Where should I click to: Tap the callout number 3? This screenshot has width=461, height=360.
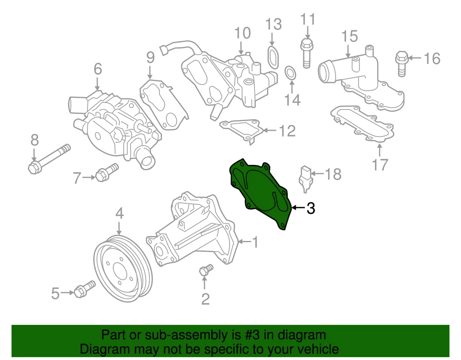[x=311, y=208]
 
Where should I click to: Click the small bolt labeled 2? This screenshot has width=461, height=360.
[x=206, y=270]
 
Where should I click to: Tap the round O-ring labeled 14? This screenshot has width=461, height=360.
[x=291, y=73]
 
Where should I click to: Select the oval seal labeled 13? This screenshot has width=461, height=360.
[x=272, y=56]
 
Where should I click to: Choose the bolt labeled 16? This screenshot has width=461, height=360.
[x=402, y=63]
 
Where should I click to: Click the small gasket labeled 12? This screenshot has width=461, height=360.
[x=241, y=130]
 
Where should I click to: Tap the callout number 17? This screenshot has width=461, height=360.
[x=379, y=164]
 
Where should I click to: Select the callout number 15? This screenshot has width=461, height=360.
[x=350, y=36]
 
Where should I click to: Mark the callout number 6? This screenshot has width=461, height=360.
[x=97, y=69]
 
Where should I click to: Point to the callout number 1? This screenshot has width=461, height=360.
[x=255, y=242]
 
